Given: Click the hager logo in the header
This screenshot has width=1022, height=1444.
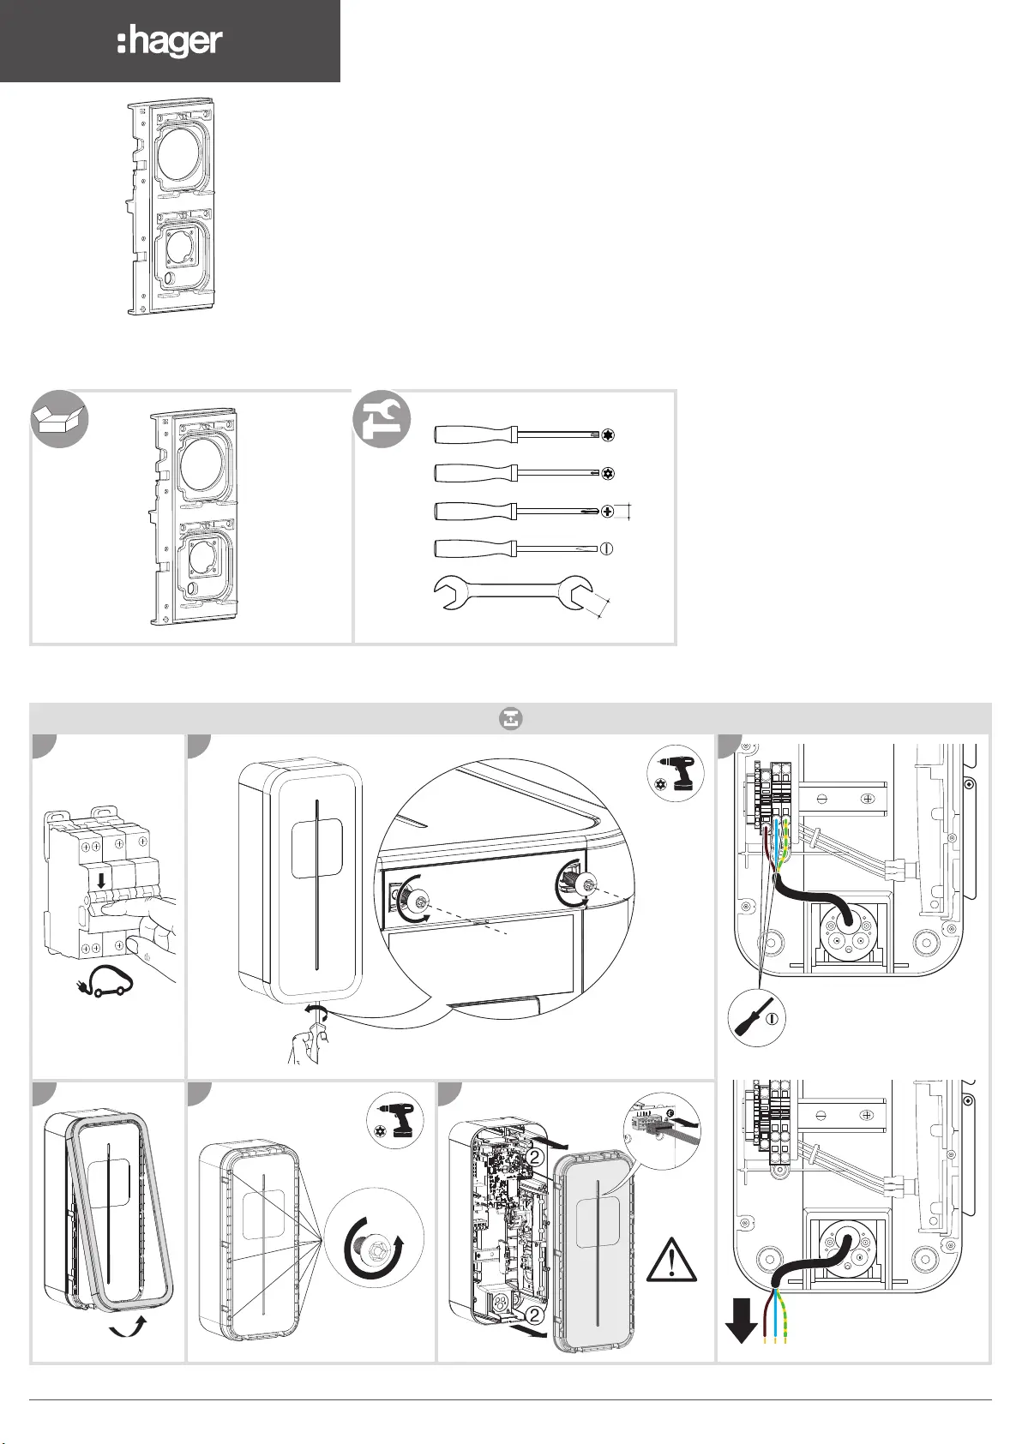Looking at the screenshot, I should tap(170, 41).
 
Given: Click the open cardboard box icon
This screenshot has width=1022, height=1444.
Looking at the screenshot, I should tap(59, 418).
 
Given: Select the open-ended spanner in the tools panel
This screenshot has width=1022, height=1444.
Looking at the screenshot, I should tap(514, 593).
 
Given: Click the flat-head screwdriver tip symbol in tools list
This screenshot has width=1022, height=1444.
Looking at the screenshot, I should tap(607, 548).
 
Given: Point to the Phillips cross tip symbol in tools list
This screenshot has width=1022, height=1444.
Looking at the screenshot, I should tap(608, 512).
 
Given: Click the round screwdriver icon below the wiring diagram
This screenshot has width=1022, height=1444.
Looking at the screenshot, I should tap(757, 1017).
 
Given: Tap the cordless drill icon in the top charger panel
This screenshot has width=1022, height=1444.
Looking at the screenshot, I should tap(677, 775).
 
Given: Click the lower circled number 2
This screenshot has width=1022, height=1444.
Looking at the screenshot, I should tap(533, 1315).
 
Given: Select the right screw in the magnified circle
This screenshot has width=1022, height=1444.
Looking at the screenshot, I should tap(587, 884).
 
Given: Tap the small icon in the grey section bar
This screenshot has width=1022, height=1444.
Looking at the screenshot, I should tap(511, 719).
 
